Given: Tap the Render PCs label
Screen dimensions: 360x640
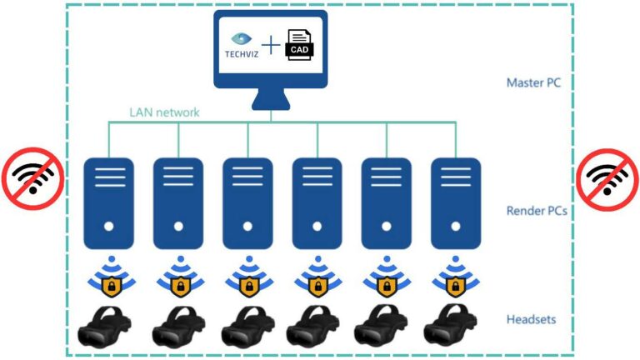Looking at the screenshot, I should coord(537,211).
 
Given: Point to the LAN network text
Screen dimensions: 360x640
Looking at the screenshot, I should coord(164,112).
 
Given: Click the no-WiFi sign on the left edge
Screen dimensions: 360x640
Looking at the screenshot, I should coord(31,178).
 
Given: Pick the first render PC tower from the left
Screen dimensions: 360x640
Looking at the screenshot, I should coord(109,199).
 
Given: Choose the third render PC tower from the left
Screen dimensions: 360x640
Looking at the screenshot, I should coord(247,199).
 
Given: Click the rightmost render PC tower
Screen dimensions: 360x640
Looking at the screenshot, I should coord(455,199).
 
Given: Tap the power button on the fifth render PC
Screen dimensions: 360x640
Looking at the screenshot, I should coord(386,225).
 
